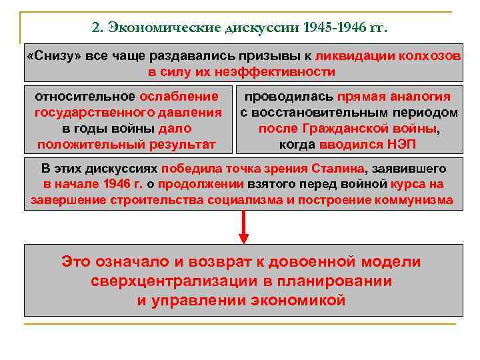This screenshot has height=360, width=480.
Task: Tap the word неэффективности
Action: (x=279, y=72)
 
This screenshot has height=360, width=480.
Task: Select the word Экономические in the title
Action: (x=155, y=29)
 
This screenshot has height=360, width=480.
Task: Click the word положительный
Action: (x=84, y=144)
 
